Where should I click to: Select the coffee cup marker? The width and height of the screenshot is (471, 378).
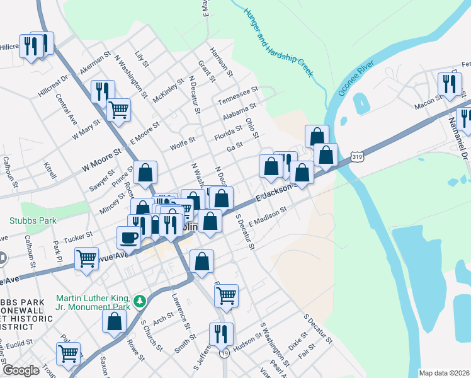click(129, 238)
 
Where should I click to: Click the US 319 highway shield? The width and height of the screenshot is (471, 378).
click(357, 156)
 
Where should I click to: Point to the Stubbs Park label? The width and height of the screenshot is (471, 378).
click(33, 220)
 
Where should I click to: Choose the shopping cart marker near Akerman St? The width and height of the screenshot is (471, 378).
click(118, 110)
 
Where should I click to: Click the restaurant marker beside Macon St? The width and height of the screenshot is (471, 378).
click(448, 84)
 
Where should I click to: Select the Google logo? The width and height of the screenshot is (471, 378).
click(21, 370)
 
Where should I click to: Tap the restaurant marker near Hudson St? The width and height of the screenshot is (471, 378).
click(220, 333)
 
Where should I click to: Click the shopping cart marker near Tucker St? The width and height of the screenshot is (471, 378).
click(86, 258)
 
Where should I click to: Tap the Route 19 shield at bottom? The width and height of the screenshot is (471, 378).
click(224, 355)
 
